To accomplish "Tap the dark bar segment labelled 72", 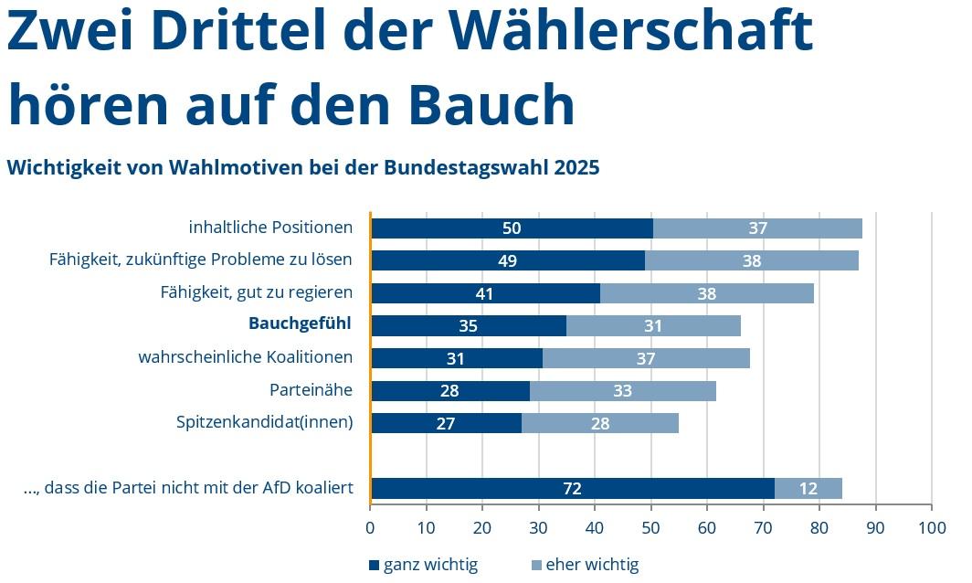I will [573, 488].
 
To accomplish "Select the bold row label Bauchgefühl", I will [300, 323].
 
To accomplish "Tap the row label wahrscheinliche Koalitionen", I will [245, 356].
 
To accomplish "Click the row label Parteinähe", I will [311, 390].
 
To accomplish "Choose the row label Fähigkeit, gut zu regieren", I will [256, 292].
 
